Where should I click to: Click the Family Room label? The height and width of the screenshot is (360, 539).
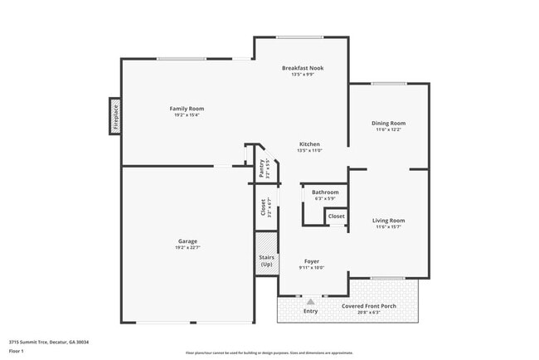pos(187,109)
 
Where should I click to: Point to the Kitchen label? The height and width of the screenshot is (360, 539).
pos(309,144)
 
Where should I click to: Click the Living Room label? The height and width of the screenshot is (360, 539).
pos(388,220)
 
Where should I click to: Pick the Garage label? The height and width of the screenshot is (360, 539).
pos(187,241)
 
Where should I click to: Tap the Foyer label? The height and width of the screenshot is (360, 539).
pos(311,261)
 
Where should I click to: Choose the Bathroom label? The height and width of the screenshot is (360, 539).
pos(325,192)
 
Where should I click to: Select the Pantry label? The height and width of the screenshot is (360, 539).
pos(261,168)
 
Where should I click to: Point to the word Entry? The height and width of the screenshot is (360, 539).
pos(310,311)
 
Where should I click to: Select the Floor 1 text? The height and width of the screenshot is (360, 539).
pos(17,351)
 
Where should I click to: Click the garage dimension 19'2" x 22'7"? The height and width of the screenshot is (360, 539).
pos(187,248)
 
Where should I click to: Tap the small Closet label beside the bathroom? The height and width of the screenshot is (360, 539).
pos(336,216)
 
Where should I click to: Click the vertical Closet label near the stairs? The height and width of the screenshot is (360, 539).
pos(263,207)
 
